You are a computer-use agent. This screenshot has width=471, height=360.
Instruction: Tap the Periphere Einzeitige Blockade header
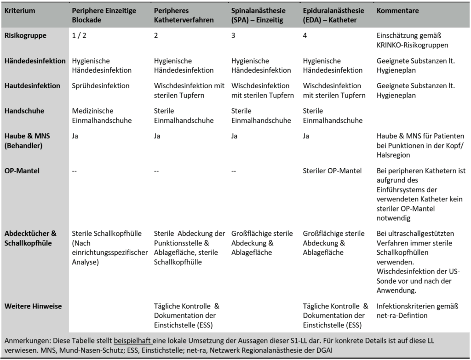(104, 15)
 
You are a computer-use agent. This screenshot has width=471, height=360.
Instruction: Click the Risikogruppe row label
(25, 36)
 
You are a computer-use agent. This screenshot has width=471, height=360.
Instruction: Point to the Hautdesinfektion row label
(32, 86)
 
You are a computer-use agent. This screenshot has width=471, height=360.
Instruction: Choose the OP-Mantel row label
(23, 171)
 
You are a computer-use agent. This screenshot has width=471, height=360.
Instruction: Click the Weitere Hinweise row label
(33, 306)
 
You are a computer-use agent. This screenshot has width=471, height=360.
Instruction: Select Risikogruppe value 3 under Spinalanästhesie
(233, 36)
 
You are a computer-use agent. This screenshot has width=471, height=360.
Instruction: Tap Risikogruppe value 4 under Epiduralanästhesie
(305, 36)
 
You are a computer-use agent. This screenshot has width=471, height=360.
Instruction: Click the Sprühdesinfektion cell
(101, 86)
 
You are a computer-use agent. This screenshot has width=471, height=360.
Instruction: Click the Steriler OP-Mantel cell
(333, 171)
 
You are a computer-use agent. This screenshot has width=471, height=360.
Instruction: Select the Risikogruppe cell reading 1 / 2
(79, 36)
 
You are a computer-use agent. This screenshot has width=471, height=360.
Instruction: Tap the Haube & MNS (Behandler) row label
(27, 141)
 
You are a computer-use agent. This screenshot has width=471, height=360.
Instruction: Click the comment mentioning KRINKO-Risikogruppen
(412, 40)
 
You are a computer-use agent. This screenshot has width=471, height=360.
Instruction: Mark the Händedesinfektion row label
(35, 61)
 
